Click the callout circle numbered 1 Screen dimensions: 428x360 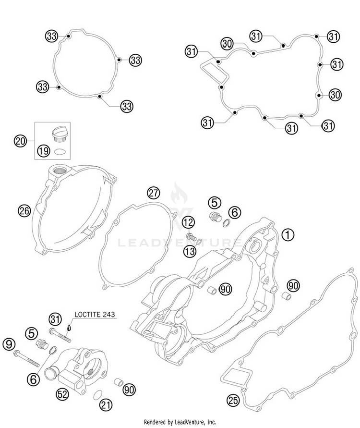coord(287,234)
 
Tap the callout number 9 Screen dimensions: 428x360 coord(8,343)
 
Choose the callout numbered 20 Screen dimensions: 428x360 coord(21,141)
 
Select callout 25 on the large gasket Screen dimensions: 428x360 coord(232,400)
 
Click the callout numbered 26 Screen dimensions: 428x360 coord(24,209)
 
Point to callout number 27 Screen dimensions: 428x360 coord(153,193)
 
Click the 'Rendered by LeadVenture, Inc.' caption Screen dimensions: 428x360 coord(180,422)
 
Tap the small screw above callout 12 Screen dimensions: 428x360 coord(192,236)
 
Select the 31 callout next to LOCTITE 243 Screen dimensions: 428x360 coord(55,318)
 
